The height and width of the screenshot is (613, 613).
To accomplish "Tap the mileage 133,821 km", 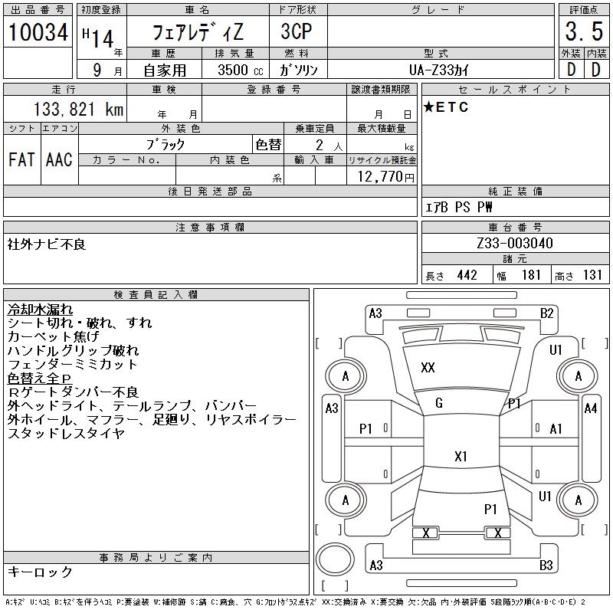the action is coord(76,110).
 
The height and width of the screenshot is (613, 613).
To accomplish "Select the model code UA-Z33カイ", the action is coord(440,70).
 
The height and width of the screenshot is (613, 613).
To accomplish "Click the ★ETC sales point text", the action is coord(446,107).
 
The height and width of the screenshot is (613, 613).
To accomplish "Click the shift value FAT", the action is coord(21,159).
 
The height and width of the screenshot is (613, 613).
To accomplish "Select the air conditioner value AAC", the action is coord(59,159).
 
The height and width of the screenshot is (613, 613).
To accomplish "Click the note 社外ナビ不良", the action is coord(47,244).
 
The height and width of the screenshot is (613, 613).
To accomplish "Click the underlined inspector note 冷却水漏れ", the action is coord(41,310).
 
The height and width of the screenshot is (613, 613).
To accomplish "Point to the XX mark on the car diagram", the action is coord(428,368).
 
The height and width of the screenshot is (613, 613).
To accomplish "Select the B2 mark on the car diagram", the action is coord(546,313).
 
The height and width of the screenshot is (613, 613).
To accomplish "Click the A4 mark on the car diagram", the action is coord(589,408).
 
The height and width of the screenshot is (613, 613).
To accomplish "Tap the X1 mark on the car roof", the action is coord(461,457).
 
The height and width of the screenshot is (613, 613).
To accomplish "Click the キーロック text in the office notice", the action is coord(41,572).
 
